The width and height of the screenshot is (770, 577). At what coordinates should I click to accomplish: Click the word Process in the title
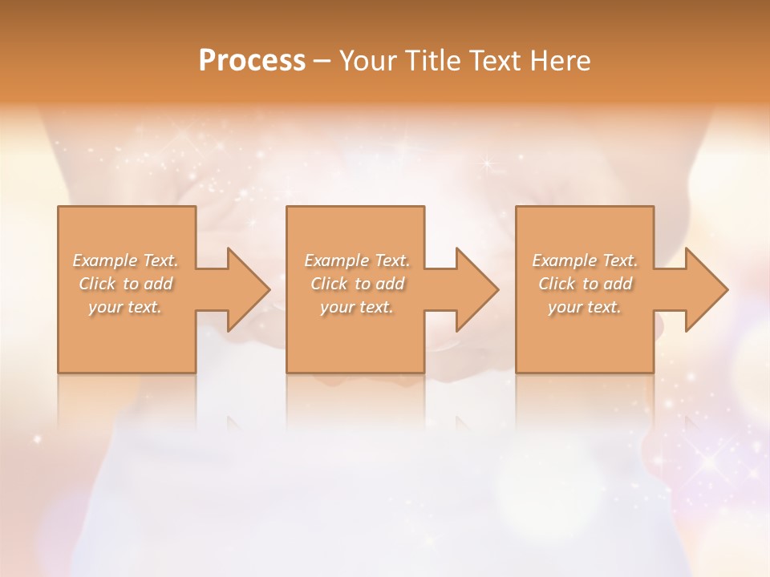252,61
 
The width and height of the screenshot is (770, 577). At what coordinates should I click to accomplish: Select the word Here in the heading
561,61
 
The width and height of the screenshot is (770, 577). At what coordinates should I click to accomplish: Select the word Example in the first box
104,260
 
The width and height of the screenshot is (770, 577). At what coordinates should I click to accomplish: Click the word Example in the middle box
336,260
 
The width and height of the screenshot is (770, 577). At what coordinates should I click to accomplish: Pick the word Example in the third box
564,260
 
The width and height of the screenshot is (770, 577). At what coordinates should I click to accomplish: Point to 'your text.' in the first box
125,307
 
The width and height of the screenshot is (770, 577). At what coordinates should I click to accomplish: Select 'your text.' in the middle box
357,307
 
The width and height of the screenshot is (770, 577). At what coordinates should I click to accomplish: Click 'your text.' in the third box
585,307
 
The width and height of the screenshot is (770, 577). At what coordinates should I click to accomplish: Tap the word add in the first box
159,284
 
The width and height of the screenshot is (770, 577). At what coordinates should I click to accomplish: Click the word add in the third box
618,284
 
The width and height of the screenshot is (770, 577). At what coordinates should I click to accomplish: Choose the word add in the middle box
391,284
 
